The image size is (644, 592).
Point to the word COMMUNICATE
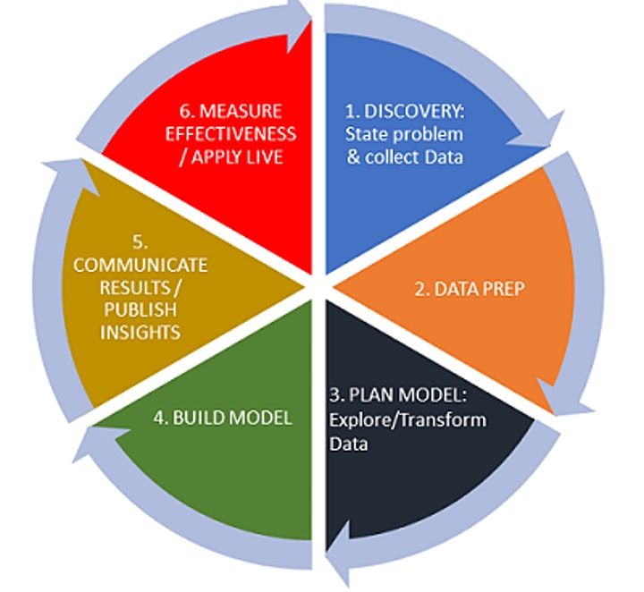coord(140,266)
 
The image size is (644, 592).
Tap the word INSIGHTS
coord(140,333)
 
